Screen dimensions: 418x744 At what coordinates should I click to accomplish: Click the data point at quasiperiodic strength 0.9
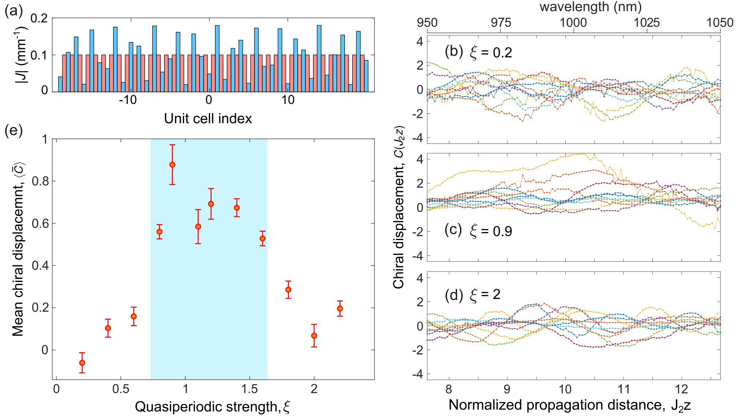pos(172,165)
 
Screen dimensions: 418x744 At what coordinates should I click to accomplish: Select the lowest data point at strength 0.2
pos(82,363)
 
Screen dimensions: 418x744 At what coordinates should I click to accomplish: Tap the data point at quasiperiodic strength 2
pos(314,336)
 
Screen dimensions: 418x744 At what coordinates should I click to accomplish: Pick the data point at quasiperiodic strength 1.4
pos(237,208)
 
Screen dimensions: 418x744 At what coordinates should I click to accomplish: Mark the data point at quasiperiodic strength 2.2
pos(340,309)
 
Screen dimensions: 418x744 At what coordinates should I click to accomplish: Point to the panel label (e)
pos(14,130)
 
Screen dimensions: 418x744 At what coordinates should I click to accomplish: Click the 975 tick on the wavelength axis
pos(501,22)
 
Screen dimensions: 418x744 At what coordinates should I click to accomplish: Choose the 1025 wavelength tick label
pos(647,22)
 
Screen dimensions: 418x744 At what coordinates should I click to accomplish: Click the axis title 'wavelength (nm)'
pos(591,7)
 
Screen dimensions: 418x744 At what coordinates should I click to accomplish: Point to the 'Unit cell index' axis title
pos(208,119)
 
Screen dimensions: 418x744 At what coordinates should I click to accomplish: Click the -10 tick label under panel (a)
pos(127,100)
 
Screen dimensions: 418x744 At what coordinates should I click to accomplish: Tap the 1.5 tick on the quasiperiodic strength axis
pos(250,389)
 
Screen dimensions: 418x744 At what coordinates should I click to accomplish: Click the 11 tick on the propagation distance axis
pos(623,389)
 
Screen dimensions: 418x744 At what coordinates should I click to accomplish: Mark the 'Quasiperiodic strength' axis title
pos(212,407)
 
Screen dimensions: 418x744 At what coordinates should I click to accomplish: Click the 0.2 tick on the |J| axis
pos(39,18)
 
